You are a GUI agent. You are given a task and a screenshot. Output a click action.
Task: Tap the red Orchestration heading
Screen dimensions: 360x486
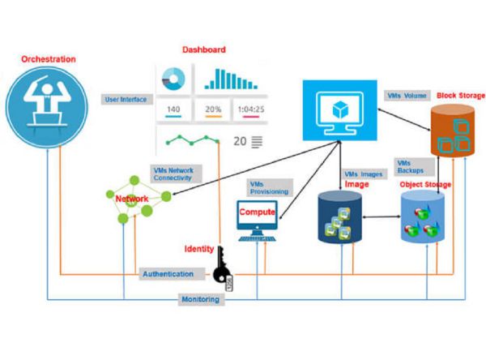pyautogui.click(x=48, y=59)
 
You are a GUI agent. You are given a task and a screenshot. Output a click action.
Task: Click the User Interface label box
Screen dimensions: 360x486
pyautogui.click(x=126, y=100)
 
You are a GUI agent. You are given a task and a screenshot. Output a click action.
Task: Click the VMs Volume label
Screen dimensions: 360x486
pyautogui.click(x=407, y=96)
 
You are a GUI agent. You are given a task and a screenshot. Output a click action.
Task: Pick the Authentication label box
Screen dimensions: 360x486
pyautogui.click(x=168, y=274)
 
